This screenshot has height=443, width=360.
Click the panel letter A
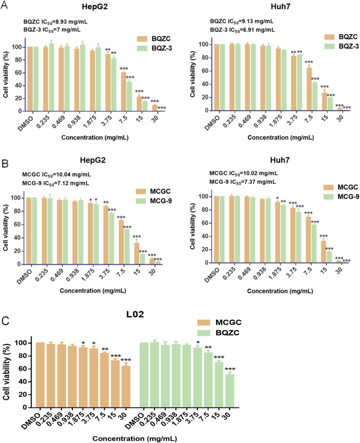pos(4,5)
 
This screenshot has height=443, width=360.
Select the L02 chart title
pos(135,314)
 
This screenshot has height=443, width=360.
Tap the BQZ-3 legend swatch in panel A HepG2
pos(142,48)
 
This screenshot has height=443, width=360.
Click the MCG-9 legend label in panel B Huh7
pos(348,197)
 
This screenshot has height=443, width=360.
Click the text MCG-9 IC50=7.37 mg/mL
pos(243,182)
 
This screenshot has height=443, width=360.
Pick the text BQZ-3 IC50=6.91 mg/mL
pos(243,30)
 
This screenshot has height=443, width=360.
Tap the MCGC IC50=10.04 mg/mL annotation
pos(56,175)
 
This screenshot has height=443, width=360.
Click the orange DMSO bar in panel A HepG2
pos(30,79)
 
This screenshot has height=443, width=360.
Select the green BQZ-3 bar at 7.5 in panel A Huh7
pos(314,96)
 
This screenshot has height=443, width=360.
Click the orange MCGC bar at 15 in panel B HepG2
pos(137,254)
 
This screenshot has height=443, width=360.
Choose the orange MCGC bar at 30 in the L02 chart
pos(126,387)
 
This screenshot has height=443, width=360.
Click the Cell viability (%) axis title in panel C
pos(6,372)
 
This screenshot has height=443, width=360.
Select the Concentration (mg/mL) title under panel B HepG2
pos(93,291)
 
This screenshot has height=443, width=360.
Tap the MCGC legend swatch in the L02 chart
pos(203,323)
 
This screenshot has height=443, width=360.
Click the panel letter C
pos(6,321)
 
